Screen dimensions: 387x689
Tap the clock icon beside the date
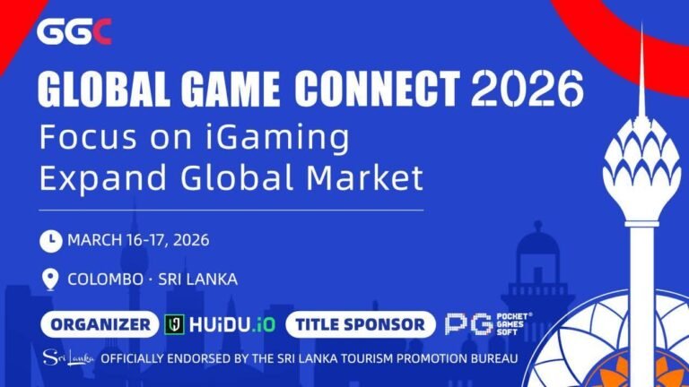click(51, 240)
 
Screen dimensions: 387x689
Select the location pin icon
click(51, 279)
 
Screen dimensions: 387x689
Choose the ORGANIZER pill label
click(100, 324)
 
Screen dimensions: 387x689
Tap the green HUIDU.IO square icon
click(175, 324)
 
